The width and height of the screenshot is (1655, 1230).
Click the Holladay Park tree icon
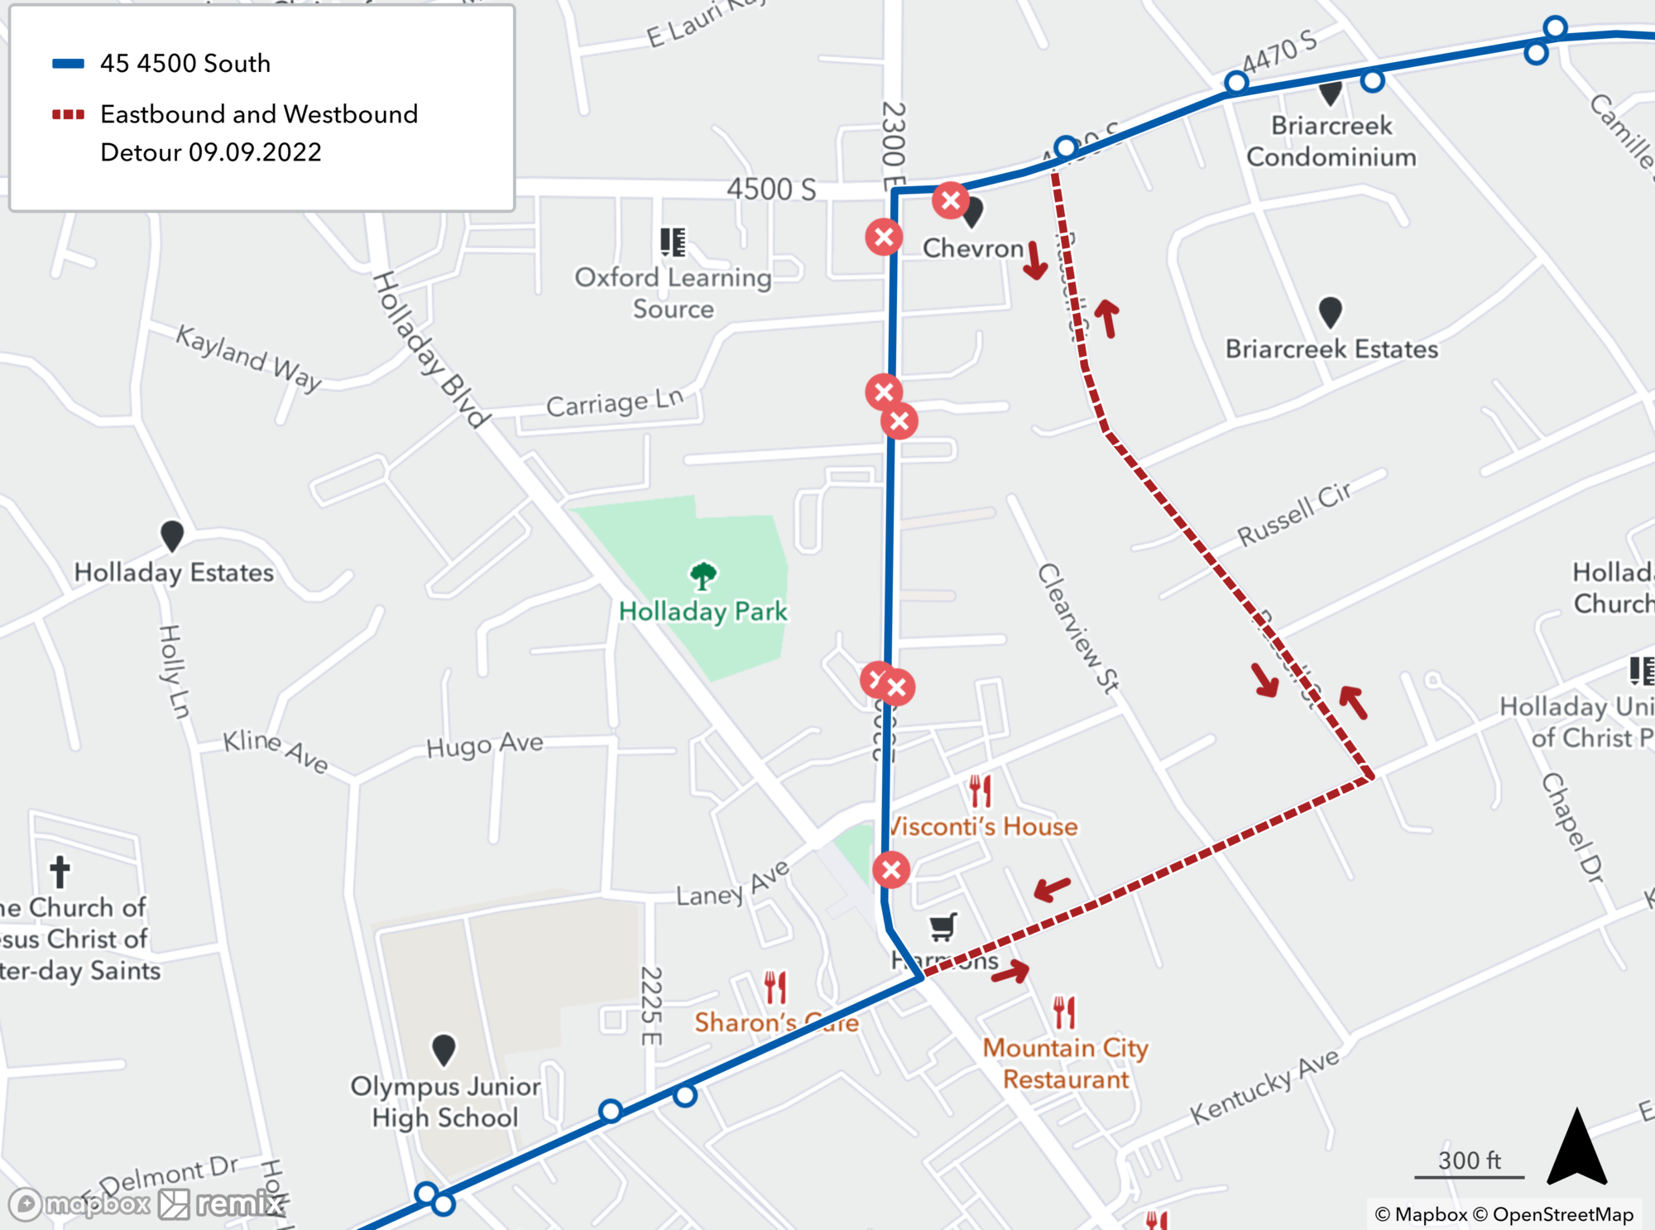(x=703, y=576)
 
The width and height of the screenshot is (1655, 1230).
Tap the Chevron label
(x=973, y=248)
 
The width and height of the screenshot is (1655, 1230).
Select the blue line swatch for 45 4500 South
(x=68, y=64)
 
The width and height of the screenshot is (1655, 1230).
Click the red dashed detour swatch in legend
(x=68, y=114)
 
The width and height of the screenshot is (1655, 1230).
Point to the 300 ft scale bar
(x=1469, y=1175)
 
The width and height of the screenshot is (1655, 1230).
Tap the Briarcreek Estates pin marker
(x=1330, y=312)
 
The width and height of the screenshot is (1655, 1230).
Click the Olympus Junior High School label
(x=445, y=1102)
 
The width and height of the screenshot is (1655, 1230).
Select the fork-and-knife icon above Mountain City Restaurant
(x=1064, y=1012)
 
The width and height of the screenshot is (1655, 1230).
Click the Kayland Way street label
(x=248, y=358)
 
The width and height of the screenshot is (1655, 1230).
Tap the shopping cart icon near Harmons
(x=943, y=927)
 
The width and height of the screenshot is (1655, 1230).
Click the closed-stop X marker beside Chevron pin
(x=951, y=199)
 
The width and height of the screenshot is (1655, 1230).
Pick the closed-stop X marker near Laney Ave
(x=891, y=870)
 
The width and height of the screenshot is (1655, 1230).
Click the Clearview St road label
(x=1078, y=629)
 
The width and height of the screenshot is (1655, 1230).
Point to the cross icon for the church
(x=60, y=871)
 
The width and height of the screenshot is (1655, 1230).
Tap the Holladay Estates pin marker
(x=171, y=536)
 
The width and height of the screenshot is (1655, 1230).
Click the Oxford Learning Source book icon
(x=673, y=242)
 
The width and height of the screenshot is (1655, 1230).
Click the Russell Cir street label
(x=1295, y=514)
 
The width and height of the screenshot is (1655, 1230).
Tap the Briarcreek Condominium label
(x=1331, y=142)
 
